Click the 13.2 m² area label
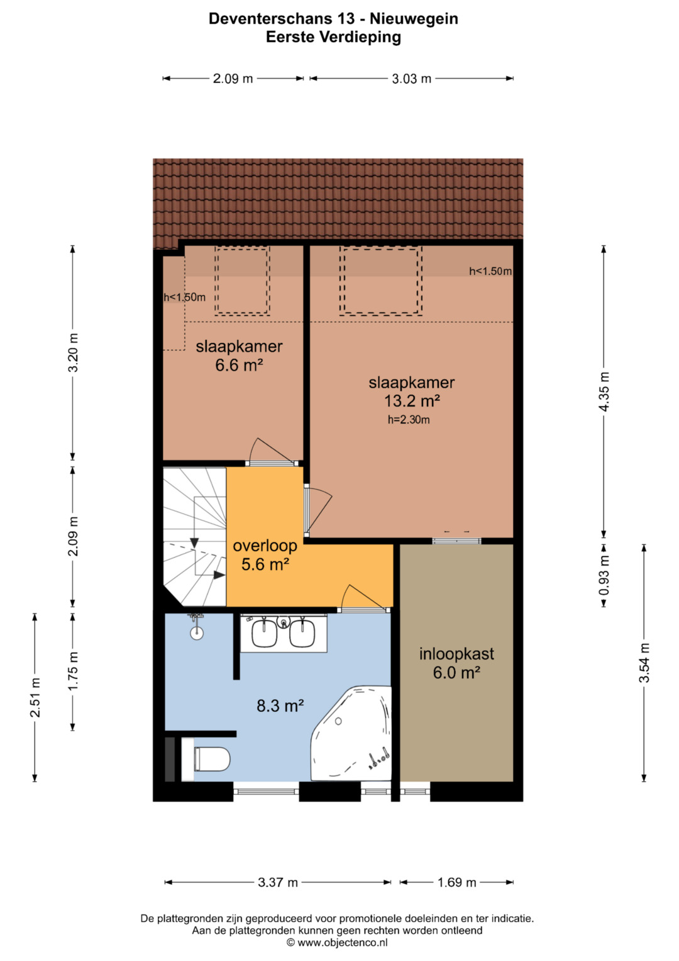[412, 401]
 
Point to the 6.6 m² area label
[239, 365]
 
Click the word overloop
[265, 546]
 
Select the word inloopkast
[456, 654]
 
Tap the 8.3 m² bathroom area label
[280, 705]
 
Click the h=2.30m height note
[409, 420]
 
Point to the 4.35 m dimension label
[604, 391]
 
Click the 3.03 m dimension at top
[412, 79]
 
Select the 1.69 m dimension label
[456, 882]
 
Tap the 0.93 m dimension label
[604, 575]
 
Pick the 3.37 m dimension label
[278, 882]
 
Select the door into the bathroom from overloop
[364, 599]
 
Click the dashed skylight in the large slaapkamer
[380, 281]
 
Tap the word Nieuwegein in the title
[414, 20]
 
